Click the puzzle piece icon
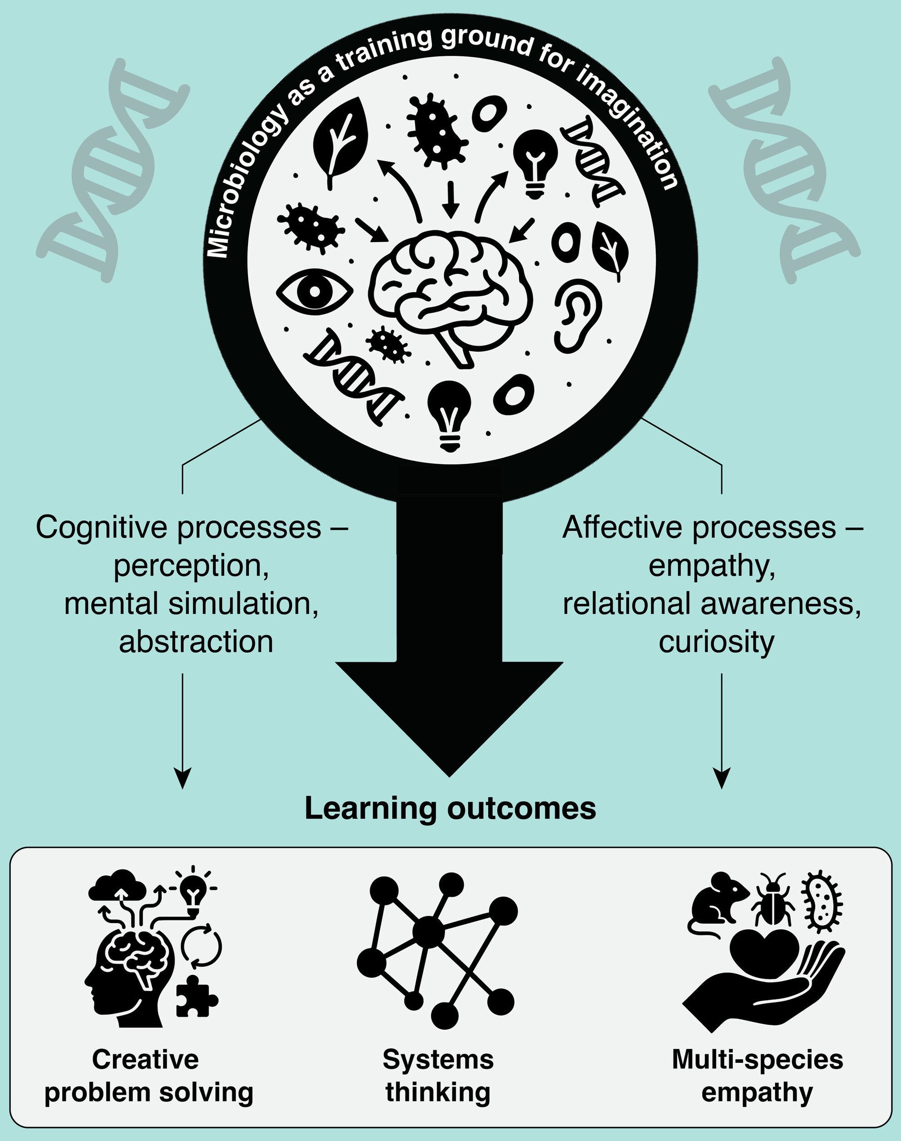196,996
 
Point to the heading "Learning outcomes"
450,808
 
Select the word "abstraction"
196,642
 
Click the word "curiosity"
716,642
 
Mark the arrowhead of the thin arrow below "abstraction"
182,779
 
